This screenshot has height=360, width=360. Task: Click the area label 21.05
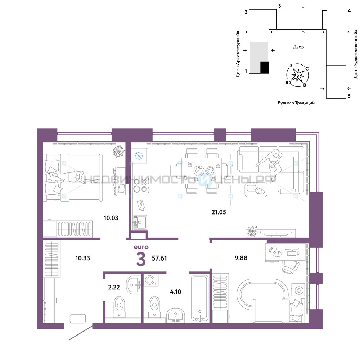(219, 212)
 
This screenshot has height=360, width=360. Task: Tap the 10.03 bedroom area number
(111, 218)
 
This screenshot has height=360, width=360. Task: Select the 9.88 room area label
(241, 258)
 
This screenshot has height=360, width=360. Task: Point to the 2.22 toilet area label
(114, 287)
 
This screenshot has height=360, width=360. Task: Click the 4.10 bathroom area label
(175, 292)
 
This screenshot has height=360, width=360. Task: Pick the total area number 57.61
(159, 258)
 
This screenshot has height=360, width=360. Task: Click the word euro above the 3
(141, 247)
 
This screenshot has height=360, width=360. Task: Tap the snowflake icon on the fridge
(139, 156)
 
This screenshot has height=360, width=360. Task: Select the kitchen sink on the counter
(140, 222)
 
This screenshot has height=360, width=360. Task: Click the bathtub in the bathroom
(200, 298)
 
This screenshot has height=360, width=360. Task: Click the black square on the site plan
(265, 68)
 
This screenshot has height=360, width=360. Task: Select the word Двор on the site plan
(298, 47)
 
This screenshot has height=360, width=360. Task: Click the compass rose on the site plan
(298, 75)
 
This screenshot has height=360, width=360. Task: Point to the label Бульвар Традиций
(296, 103)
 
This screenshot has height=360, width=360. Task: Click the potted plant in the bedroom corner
(118, 151)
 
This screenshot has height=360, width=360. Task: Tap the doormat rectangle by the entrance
(78, 319)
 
